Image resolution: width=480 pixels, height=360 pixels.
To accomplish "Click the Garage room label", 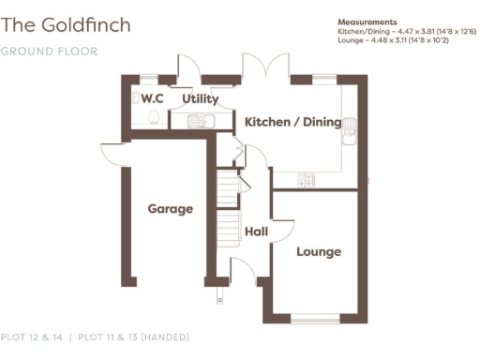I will [170, 208].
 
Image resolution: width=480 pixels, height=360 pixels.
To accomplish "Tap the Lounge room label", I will [319, 251].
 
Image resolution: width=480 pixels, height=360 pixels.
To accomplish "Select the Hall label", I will [256, 231].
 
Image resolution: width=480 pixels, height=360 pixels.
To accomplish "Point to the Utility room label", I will [201, 98].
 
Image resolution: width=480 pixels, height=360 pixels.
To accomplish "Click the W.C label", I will [152, 97].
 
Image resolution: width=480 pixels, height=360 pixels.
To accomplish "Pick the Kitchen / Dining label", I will [292, 122].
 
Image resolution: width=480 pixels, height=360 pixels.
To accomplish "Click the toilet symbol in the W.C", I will [152, 117].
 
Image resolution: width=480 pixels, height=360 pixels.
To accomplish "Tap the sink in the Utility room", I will [199, 121].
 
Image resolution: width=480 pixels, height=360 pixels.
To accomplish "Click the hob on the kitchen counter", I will [307, 177].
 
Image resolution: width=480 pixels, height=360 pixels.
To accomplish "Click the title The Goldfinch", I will [66, 23].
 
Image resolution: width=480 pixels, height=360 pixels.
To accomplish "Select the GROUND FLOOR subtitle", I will [49, 50].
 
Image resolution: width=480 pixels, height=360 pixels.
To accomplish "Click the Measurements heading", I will [367, 22].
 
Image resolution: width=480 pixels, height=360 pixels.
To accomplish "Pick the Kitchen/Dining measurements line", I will [406, 31].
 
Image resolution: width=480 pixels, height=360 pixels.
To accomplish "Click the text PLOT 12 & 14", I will [33, 337].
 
